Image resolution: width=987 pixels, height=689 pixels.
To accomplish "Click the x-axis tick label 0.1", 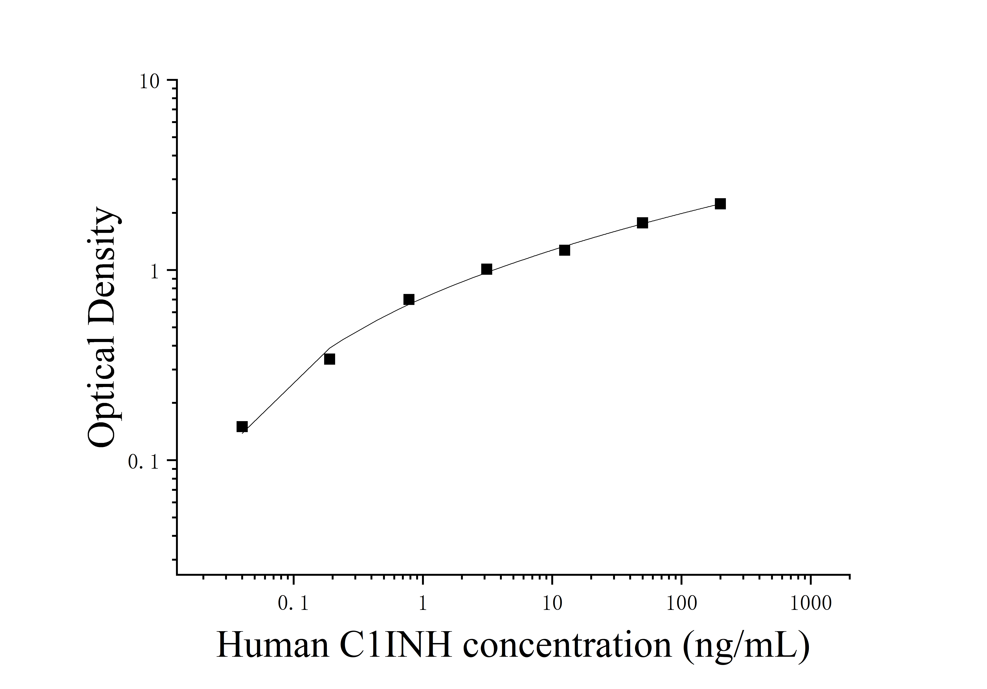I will pos(294,604).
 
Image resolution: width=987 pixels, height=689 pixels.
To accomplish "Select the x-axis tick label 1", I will pos(423,604).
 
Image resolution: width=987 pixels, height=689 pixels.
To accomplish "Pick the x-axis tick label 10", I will pos(552,604).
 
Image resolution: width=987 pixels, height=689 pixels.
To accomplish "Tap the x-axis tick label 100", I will pos(681,604).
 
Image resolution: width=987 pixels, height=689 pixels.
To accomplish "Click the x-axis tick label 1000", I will pos(811,604).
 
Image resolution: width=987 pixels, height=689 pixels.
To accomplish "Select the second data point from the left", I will pos(329,359).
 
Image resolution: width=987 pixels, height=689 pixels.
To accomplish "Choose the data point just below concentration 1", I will pos(409,300).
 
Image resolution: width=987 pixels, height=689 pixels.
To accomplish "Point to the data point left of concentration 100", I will pos(642,223).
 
